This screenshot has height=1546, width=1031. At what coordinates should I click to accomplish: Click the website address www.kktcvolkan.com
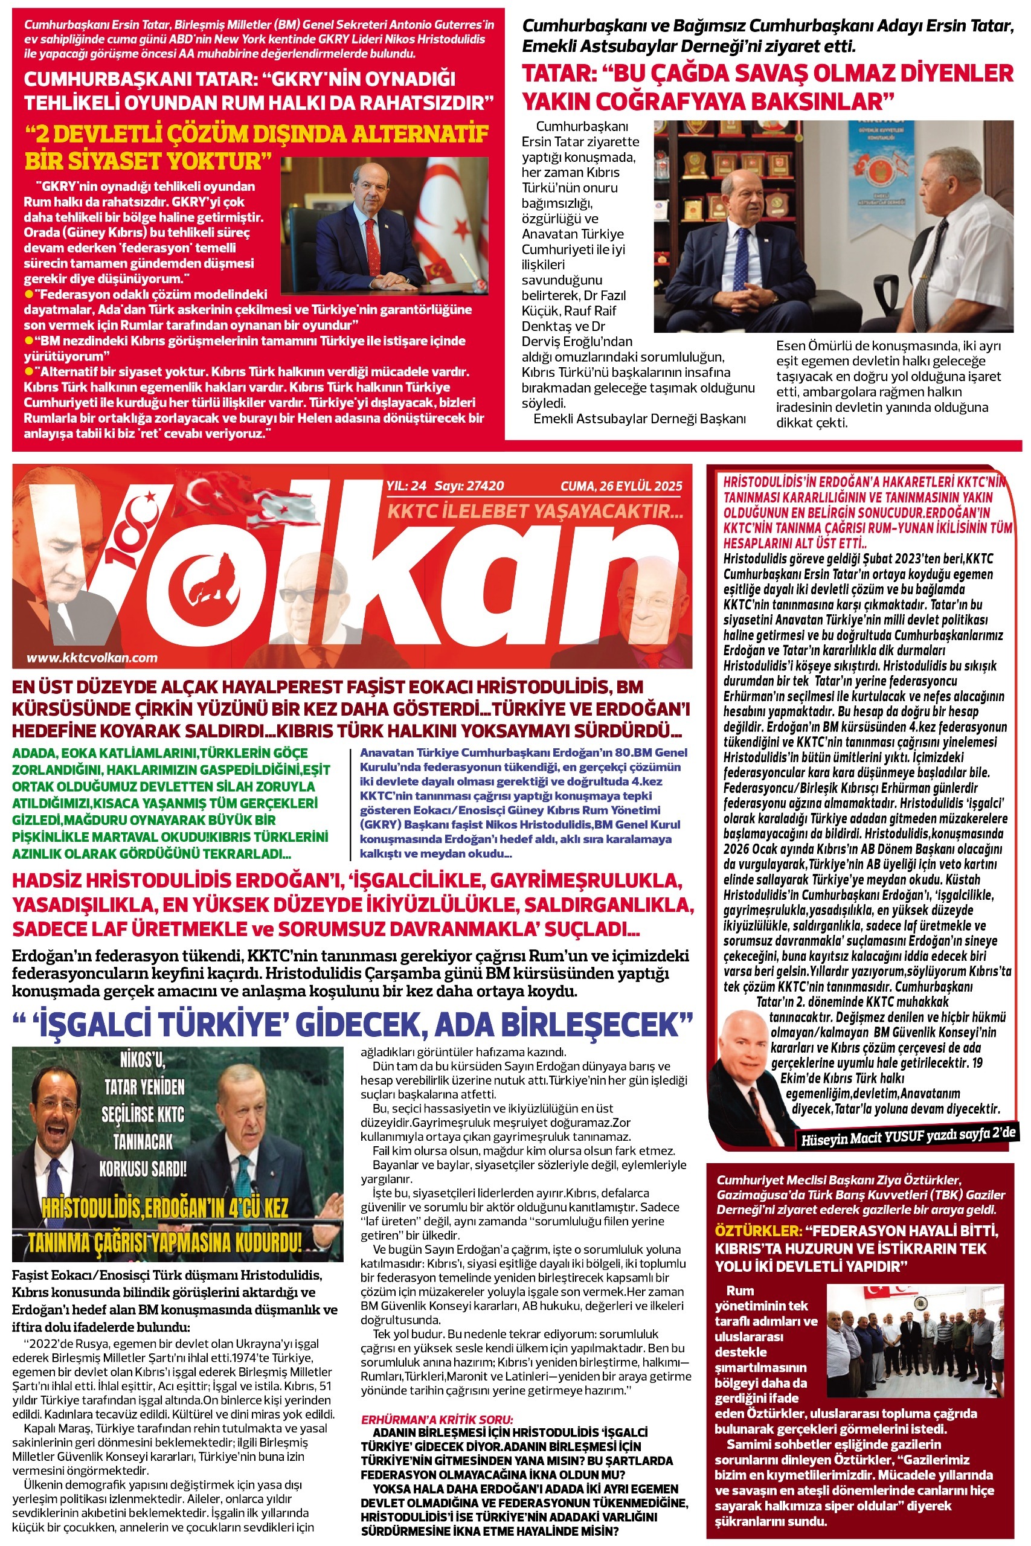pos(92,657)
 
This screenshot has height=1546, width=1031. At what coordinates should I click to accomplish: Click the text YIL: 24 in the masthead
pos(406,486)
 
